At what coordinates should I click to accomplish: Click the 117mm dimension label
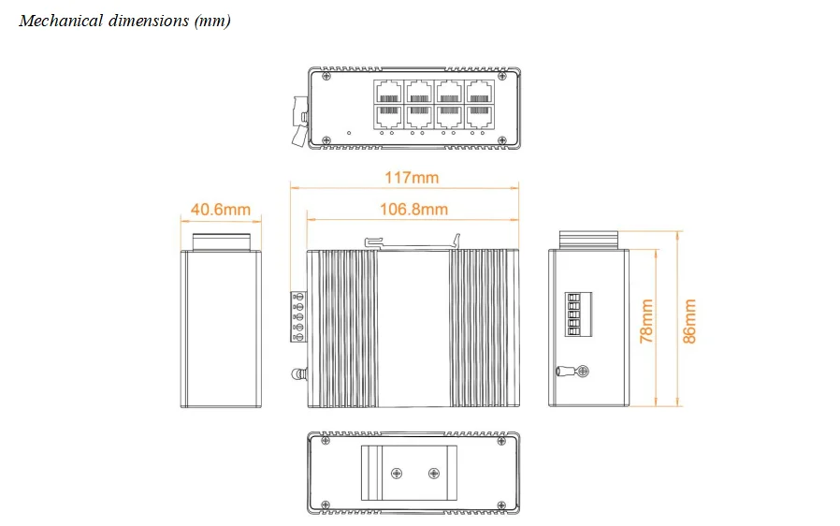(x=411, y=177)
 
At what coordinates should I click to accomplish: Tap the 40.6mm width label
(x=221, y=209)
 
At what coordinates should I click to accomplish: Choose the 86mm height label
(x=689, y=321)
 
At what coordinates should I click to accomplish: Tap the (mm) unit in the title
(x=211, y=21)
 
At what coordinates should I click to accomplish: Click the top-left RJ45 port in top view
(x=389, y=91)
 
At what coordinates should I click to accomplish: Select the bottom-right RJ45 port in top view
(x=480, y=115)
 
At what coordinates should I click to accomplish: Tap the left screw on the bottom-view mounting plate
(x=396, y=475)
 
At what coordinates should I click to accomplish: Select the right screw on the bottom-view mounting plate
(x=434, y=475)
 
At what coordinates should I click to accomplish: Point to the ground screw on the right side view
(x=580, y=372)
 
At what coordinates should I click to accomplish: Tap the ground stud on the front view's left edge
(x=299, y=374)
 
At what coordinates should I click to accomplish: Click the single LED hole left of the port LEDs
(x=349, y=133)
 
